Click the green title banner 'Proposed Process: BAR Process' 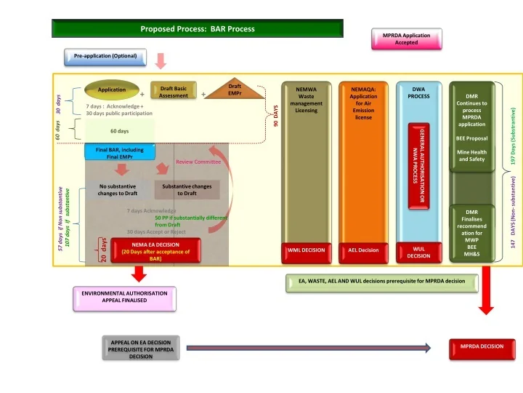tap(197, 29)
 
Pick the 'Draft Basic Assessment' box tap(173, 92)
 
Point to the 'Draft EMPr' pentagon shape tap(234, 91)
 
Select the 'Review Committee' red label tap(198, 162)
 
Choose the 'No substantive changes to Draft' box tap(118, 190)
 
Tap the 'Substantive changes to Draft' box tap(187, 190)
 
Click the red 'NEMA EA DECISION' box tap(155, 248)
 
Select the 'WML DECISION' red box tap(306, 250)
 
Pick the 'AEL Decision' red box tap(363, 250)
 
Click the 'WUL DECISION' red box tap(418, 252)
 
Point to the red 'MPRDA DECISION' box tap(481, 346)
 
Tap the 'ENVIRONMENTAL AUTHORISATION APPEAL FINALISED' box tap(124, 295)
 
